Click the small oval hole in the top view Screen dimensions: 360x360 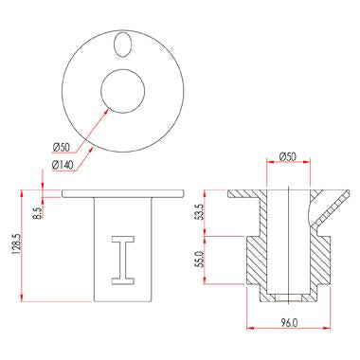point(122,45)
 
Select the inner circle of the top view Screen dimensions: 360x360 point(101,91)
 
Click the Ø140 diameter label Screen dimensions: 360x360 point(63,165)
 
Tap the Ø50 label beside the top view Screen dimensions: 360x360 point(61,147)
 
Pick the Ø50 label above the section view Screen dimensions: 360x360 point(288,156)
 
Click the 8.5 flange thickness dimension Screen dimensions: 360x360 point(37,213)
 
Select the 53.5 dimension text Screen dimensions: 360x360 point(200,211)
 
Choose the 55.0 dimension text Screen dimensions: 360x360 point(200,259)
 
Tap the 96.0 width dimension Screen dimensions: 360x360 point(289,322)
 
